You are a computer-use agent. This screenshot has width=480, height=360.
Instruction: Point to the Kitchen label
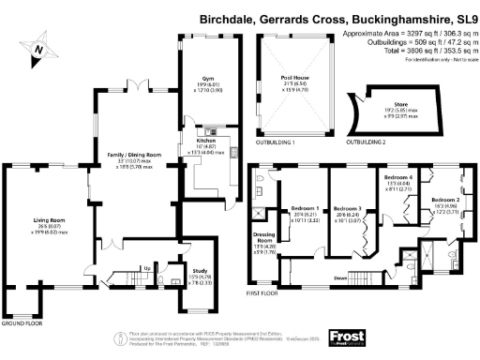click(x=207, y=141)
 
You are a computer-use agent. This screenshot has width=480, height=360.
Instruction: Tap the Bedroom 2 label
click(x=444, y=201)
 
